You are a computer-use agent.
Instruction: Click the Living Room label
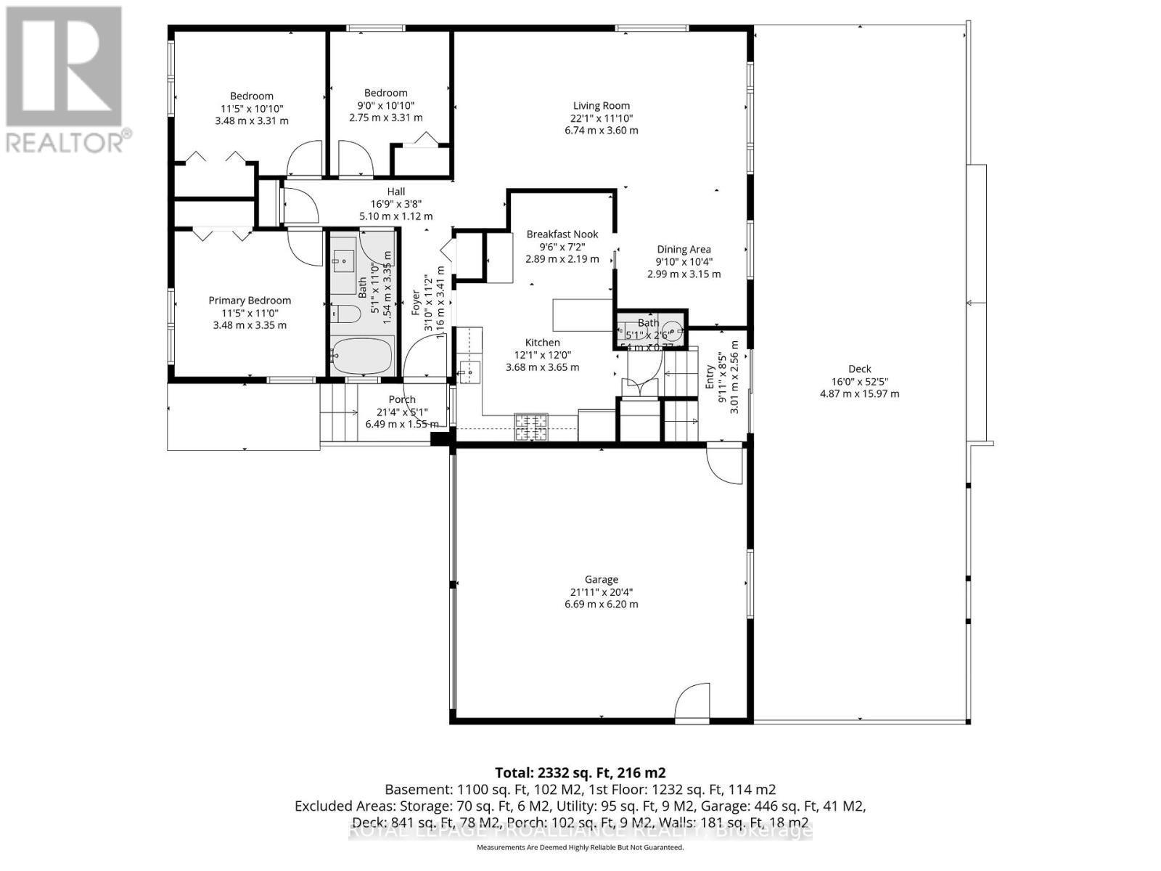(601, 105)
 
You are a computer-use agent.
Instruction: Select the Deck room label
(859, 369)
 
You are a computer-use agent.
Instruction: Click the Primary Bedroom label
(250, 300)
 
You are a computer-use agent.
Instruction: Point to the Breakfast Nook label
(562, 234)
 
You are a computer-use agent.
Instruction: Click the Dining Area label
(684, 249)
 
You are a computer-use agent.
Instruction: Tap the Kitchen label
(542, 343)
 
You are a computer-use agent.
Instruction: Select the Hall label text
(395, 192)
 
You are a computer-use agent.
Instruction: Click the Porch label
(401, 399)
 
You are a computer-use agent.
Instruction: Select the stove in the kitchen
(532, 427)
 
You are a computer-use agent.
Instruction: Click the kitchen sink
(469, 372)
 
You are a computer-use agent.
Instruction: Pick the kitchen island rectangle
(583, 314)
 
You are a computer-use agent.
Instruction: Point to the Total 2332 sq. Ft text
(580, 772)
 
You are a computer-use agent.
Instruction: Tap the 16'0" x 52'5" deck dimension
(859, 381)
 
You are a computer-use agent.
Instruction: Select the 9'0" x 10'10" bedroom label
(385, 105)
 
